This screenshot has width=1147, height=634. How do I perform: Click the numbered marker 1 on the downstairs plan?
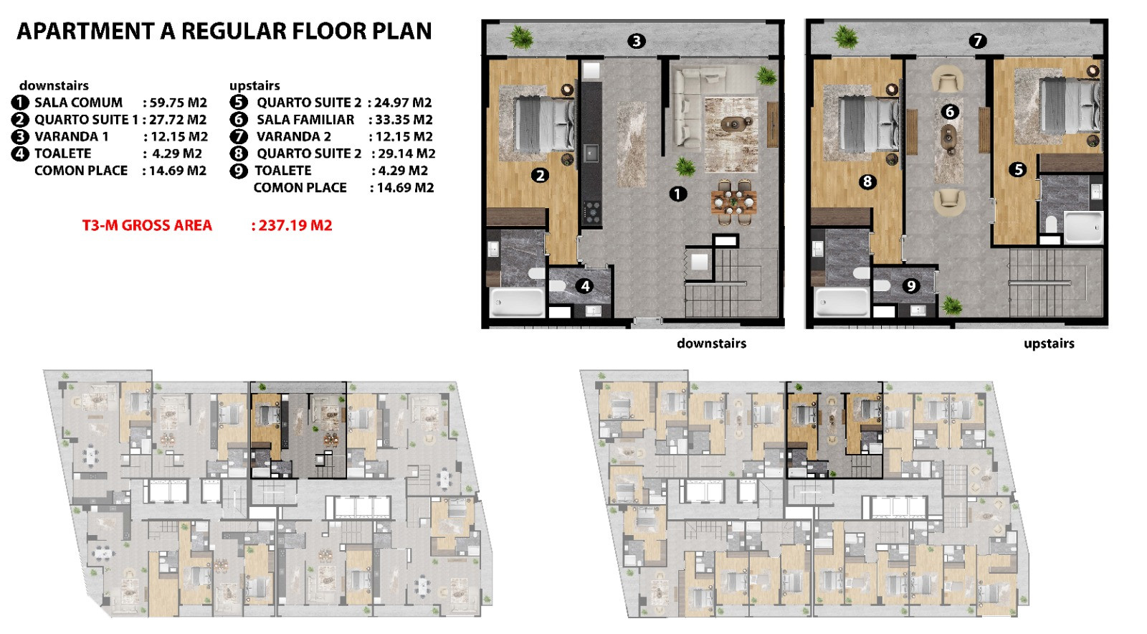coord(678,194)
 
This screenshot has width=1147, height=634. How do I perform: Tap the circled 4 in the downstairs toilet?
coord(585,286)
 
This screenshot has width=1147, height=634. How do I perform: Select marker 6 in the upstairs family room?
coord(950,112)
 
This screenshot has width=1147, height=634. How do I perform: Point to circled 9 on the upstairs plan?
coord(910,285)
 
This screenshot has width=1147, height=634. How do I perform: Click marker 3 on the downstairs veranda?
coord(637,41)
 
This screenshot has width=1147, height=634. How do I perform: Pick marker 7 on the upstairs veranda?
coord(977,41)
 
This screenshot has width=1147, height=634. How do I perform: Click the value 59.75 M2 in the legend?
coord(179,103)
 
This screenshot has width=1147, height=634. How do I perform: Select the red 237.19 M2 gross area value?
coord(295,225)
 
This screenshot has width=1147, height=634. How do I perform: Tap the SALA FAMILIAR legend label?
coord(305,119)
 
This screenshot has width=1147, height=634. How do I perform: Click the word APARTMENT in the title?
coord(85,32)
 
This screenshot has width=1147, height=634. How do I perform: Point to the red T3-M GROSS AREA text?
coord(147,225)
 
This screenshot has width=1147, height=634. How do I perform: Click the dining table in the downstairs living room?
coord(734,202)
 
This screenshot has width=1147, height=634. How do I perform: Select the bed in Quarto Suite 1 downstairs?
coord(544,124)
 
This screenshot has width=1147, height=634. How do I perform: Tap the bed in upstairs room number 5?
coord(1070,107)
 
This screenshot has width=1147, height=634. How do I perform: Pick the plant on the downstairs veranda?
coord(520,37)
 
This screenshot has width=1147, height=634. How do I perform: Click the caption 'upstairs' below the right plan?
coord(1049,343)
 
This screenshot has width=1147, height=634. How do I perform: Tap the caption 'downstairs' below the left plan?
coord(711,343)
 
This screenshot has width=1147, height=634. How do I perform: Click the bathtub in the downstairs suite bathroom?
coord(517,302)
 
